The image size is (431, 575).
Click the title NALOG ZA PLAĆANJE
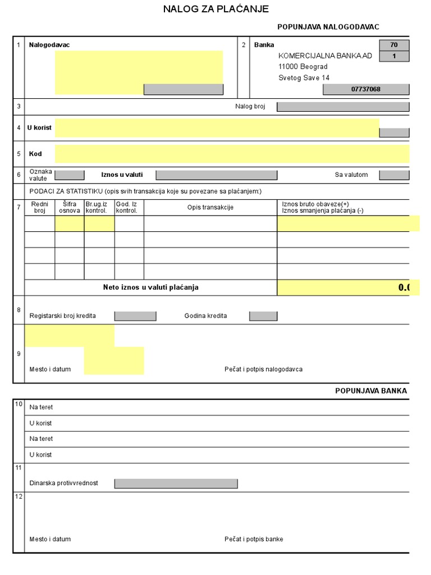point(215,9)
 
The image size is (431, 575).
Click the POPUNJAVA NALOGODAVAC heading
point(328,27)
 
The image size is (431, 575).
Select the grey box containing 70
point(394,45)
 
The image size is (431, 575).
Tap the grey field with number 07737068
point(365,89)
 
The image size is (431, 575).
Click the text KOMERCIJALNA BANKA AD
point(325,56)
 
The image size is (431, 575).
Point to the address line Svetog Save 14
point(304,78)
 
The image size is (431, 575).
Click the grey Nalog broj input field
point(342,106)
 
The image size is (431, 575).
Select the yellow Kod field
point(232,154)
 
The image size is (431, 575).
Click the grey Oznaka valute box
point(70,175)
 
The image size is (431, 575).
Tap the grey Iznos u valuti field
point(216,175)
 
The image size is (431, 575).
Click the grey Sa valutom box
point(394,175)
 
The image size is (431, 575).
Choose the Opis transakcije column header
point(210,208)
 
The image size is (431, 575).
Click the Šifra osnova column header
point(70,207)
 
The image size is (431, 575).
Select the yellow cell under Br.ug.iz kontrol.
point(99,223)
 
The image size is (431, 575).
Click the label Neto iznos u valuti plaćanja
point(150,287)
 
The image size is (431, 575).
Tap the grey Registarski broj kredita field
point(135,316)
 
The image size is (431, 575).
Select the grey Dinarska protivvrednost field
point(176,483)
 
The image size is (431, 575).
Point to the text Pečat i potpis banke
point(254,539)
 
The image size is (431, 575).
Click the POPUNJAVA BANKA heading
point(371,391)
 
